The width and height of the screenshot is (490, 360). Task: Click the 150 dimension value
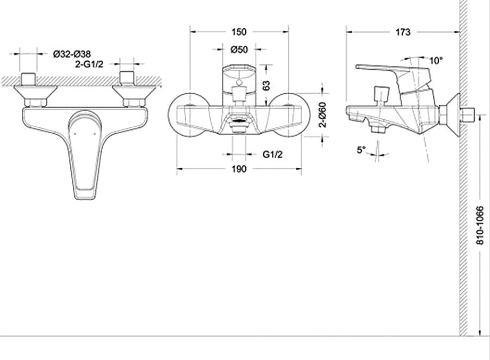(x=239, y=32)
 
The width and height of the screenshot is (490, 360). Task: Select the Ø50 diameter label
(x=239, y=50)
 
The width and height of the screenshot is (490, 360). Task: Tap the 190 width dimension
(x=239, y=169)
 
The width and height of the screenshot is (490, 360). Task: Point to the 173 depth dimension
(x=403, y=32)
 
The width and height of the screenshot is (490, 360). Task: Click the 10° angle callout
(x=436, y=60)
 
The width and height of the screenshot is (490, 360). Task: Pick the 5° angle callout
(x=361, y=150)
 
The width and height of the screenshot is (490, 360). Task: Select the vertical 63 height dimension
(x=266, y=85)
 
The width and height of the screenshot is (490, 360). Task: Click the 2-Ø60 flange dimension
(x=322, y=114)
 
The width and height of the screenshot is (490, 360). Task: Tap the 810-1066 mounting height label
(x=480, y=225)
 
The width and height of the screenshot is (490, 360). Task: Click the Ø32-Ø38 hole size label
(x=72, y=54)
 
